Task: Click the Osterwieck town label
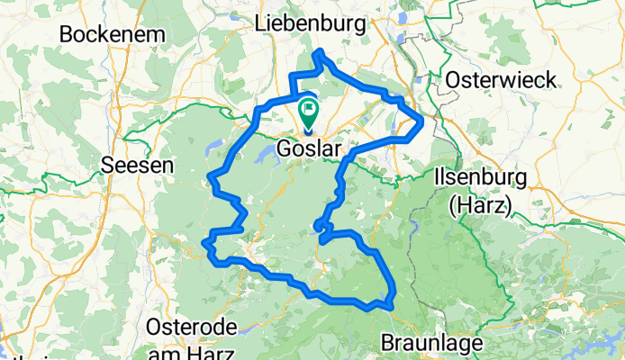pyautogui.click(x=491, y=78)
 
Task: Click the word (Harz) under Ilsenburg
pyautogui.click(x=479, y=204)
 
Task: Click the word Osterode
pyautogui.click(x=190, y=325)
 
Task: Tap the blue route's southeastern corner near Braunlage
pyautogui.click(x=392, y=304)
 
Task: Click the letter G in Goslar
pyautogui.click(x=284, y=147)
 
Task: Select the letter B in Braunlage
pyautogui.click(x=388, y=343)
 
